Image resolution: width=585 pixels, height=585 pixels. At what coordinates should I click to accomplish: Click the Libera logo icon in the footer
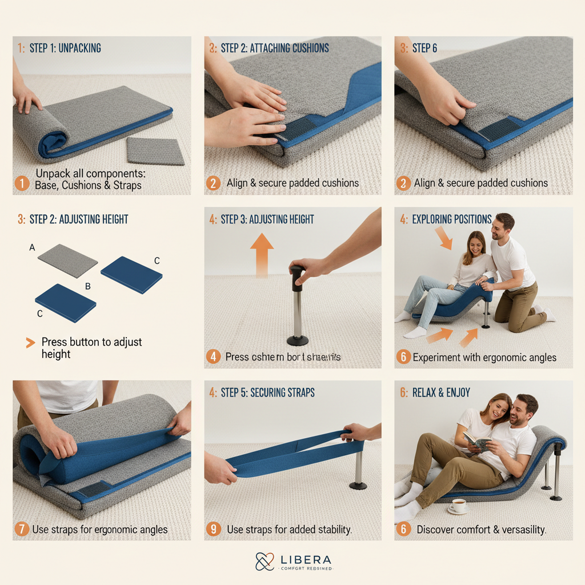tap(265, 562)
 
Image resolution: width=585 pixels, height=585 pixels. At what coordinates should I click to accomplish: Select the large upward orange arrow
tap(262, 254)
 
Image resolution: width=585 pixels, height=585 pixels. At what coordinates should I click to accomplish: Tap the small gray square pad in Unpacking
tap(155, 151)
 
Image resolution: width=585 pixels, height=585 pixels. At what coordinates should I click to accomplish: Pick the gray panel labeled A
tap(68, 261)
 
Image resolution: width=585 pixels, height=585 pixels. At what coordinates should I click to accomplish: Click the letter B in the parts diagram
tap(88, 286)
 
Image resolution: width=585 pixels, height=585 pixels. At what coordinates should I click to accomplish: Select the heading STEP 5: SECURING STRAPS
tap(267, 393)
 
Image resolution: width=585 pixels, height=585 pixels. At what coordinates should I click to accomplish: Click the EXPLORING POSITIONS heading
tap(451, 219)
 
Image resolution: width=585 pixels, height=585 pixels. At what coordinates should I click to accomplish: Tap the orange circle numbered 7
tap(22, 530)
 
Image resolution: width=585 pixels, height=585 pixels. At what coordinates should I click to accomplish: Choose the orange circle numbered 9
tap(213, 530)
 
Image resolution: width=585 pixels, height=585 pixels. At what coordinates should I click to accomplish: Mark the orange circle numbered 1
tap(22, 183)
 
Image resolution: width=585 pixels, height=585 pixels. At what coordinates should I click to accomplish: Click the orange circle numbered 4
tap(213, 357)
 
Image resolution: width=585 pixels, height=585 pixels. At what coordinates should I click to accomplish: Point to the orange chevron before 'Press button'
tap(30, 343)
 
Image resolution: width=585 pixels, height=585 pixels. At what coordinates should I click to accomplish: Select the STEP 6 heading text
tap(424, 48)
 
